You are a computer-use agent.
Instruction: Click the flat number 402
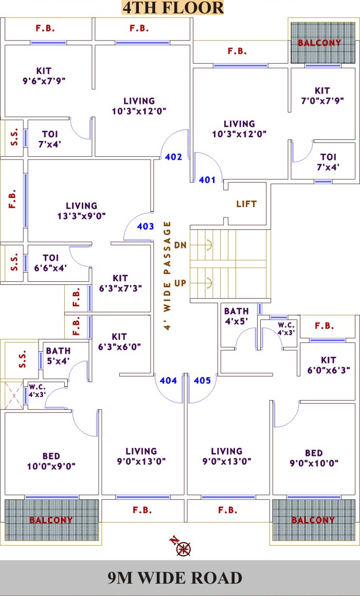(x=173, y=157)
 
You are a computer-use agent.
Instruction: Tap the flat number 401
(x=207, y=180)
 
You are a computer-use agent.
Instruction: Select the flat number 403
(x=146, y=227)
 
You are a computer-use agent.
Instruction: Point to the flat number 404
(x=168, y=380)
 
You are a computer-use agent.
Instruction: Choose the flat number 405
(x=202, y=380)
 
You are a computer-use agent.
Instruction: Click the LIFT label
(x=246, y=204)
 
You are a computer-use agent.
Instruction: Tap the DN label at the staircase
(x=181, y=245)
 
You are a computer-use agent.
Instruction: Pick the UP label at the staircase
(x=181, y=283)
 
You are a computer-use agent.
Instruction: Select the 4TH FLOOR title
(x=173, y=8)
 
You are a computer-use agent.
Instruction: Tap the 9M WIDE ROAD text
(x=175, y=578)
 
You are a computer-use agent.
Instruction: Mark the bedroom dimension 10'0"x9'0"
(x=51, y=466)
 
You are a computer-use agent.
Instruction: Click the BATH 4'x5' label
(x=236, y=316)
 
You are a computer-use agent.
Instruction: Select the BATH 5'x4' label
(x=58, y=355)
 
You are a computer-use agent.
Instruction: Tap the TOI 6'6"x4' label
(x=50, y=263)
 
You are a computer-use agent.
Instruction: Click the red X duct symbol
(x=14, y=395)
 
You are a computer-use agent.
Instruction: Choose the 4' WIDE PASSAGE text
(x=167, y=276)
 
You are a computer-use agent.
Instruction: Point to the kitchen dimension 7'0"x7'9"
(x=322, y=101)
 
